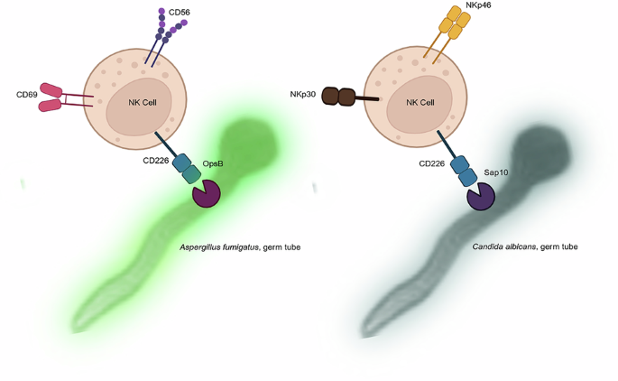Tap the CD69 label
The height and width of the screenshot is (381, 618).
27,95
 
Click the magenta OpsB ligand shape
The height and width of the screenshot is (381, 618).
207,194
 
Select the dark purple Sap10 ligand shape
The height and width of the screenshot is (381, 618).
480,195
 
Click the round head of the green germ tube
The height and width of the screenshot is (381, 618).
246,143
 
